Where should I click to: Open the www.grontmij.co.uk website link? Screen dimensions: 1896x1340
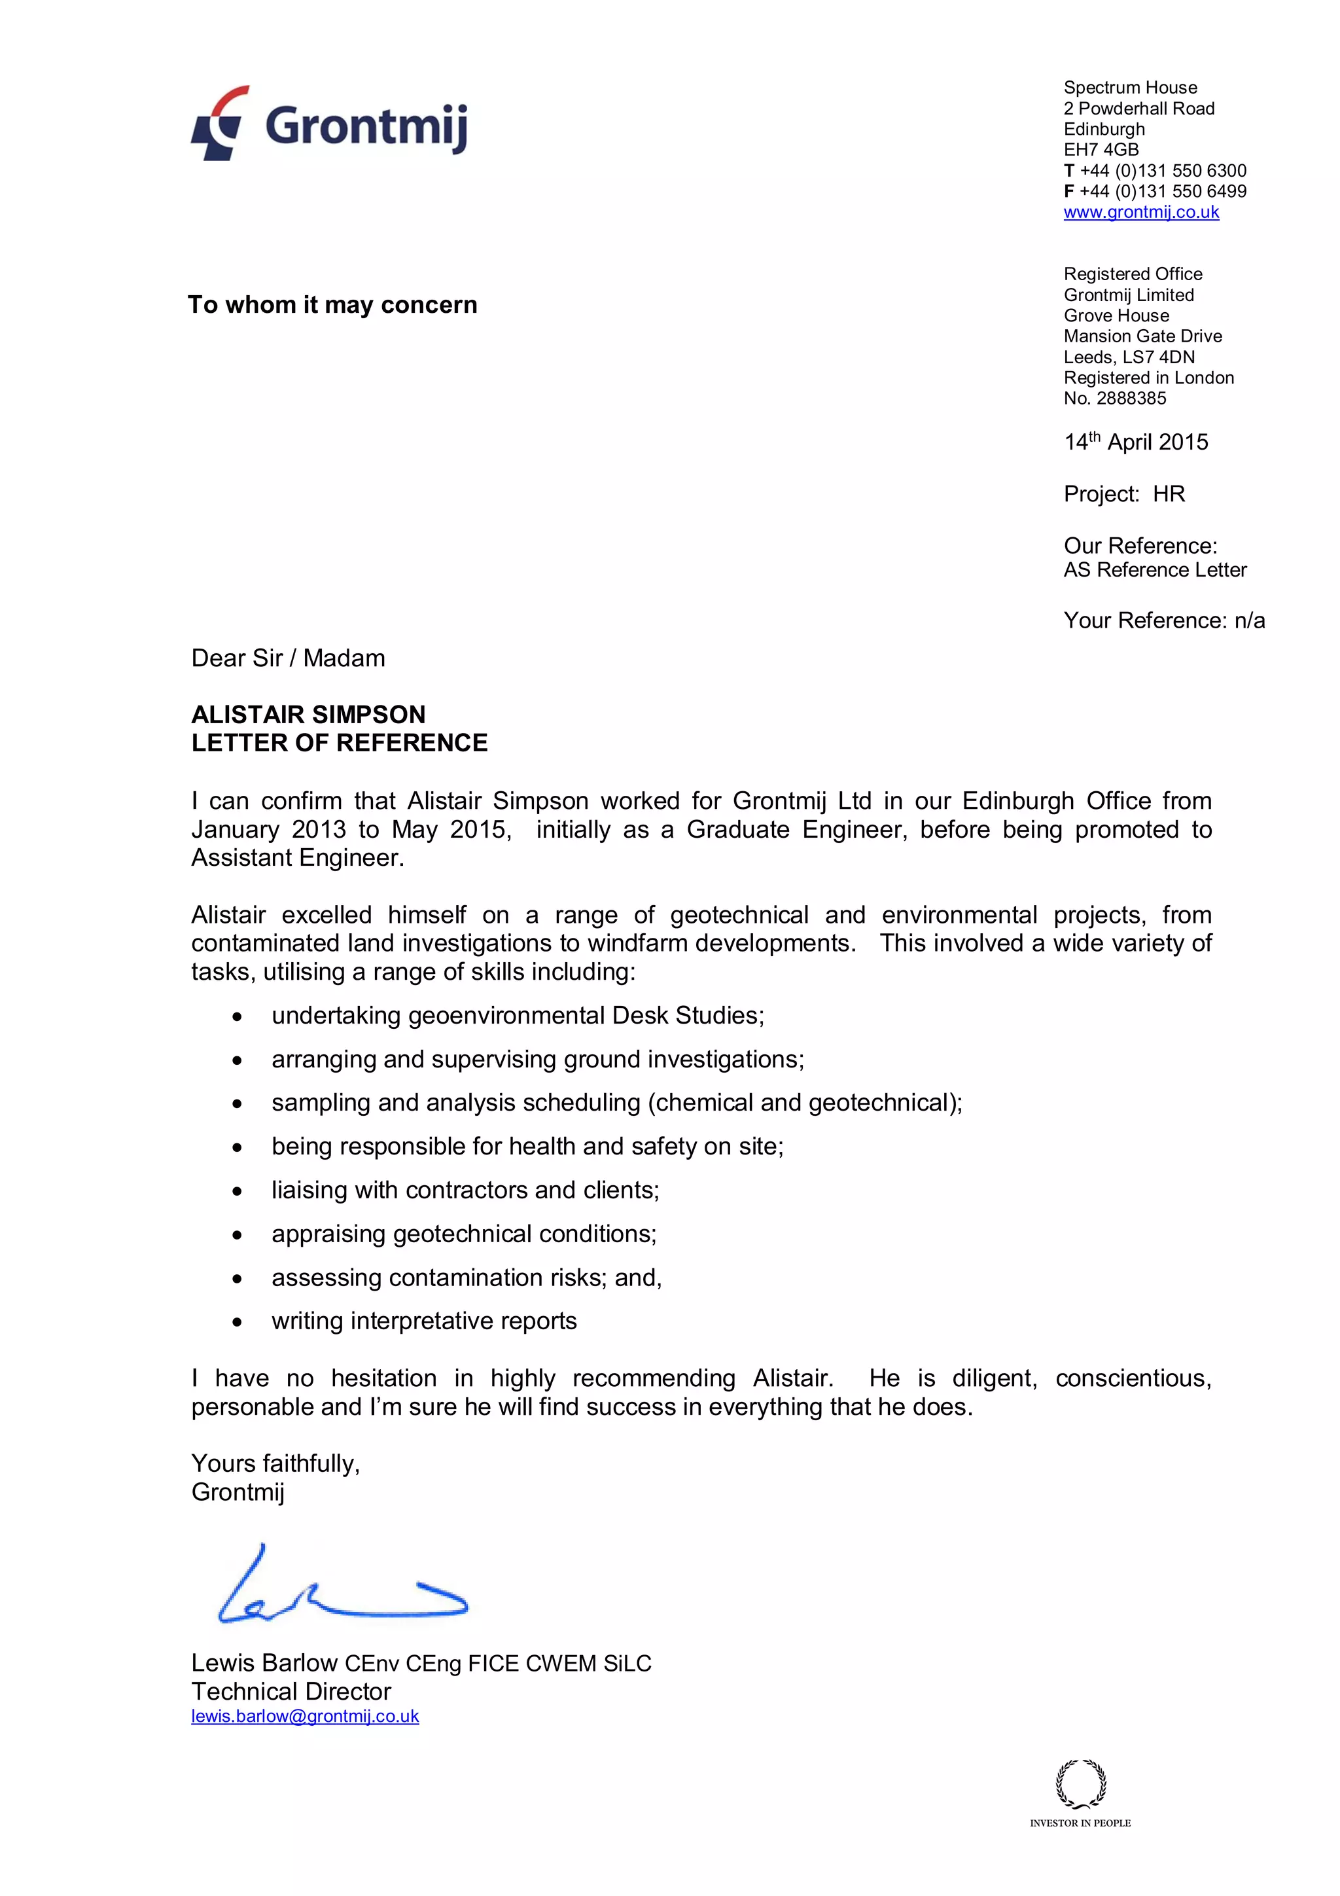coord(1140,212)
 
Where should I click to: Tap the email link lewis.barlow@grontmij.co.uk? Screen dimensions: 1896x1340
coord(305,1716)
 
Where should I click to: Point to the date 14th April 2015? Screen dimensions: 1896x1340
coord(1135,442)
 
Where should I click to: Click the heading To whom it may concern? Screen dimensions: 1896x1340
coord(332,305)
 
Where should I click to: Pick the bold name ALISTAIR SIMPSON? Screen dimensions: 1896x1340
coord(308,714)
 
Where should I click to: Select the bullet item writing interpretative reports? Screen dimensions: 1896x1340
coord(423,1321)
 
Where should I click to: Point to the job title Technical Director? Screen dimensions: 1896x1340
coord(291,1691)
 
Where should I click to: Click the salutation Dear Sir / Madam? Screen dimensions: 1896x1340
coord(288,658)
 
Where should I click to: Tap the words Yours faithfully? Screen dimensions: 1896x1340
coord(275,1463)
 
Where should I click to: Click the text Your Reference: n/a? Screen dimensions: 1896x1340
coord(1163,620)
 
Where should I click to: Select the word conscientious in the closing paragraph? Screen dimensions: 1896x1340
coord(1133,1378)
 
